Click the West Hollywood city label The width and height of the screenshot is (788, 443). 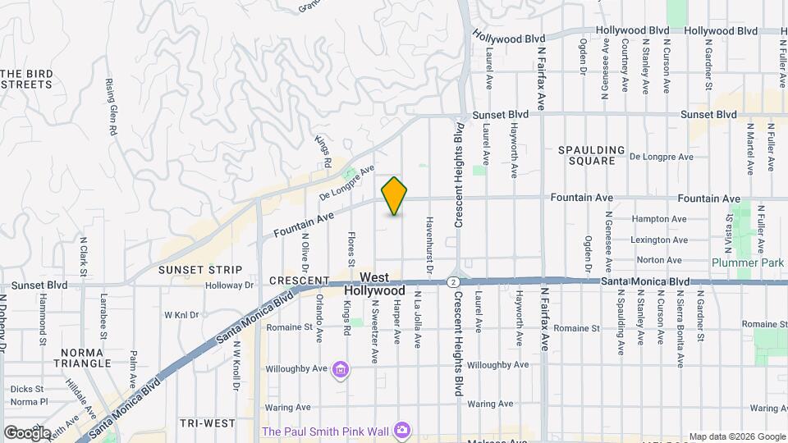coord(374,285)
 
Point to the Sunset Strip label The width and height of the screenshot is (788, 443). coord(200,269)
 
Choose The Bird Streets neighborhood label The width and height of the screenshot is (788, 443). coord(27,79)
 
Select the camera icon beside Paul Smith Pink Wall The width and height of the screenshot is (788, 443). coord(401,430)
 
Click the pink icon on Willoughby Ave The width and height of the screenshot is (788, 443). coord(341,372)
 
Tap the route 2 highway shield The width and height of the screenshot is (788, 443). coord(452,281)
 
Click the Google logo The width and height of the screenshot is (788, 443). coord(27,432)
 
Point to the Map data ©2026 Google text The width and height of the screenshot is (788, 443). coord(736,436)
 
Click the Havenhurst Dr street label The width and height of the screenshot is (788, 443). coord(428,244)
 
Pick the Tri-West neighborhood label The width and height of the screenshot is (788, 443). coord(208,423)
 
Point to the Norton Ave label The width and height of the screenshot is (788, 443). coord(659,260)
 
